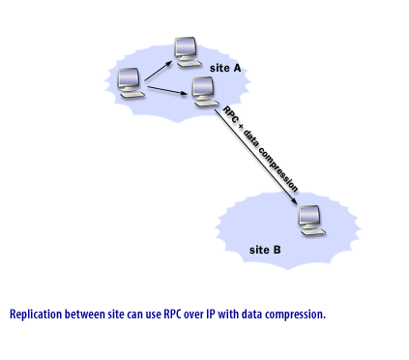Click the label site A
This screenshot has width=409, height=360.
coord(225,69)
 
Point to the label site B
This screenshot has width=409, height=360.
coord(265,250)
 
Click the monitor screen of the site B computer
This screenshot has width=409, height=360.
coord(310,216)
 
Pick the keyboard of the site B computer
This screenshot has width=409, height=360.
coord(312,232)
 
